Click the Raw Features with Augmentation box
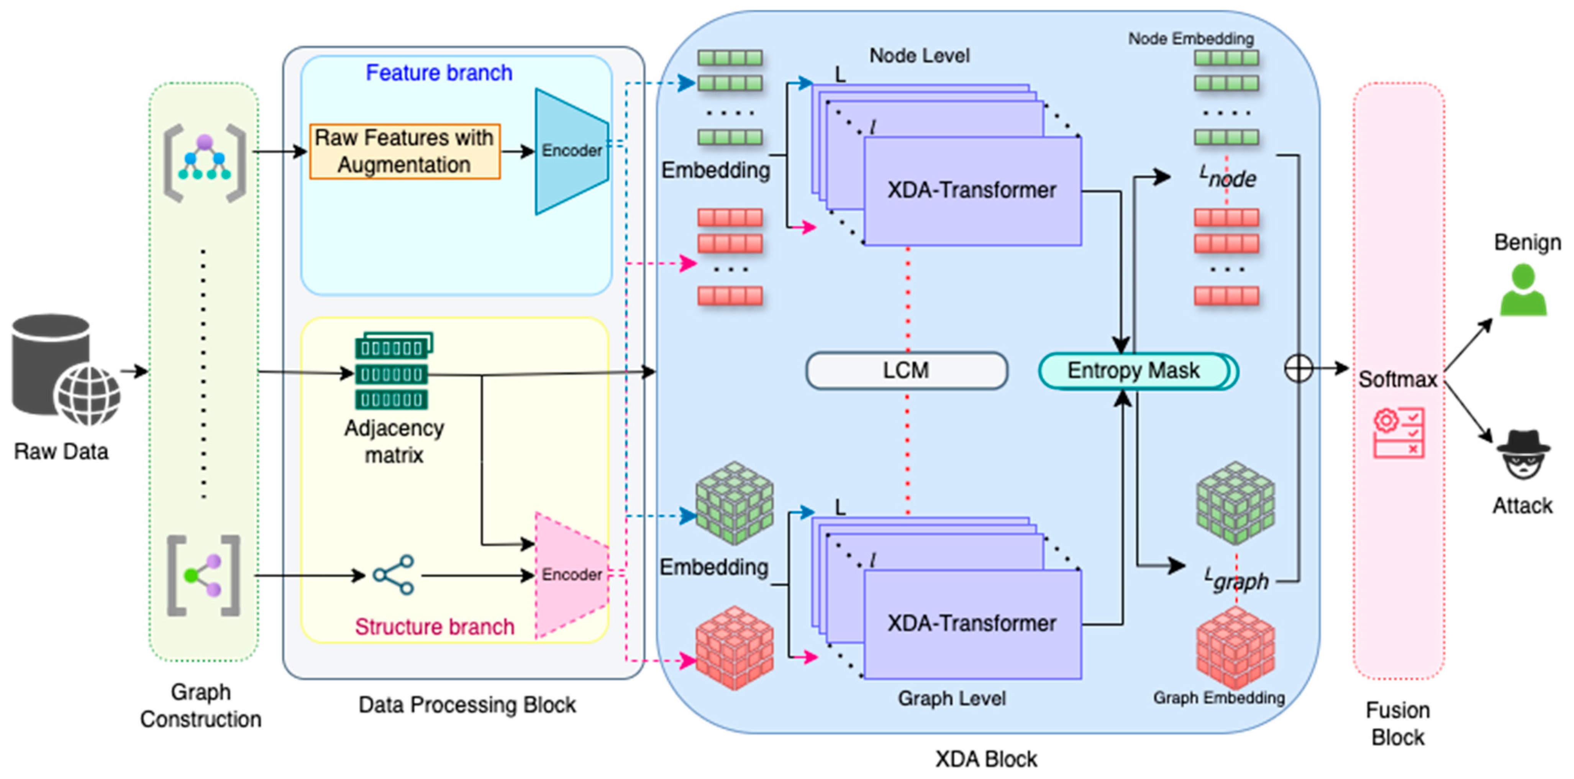(x=405, y=151)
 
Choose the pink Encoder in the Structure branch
(x=571, y=575)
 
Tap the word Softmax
(x=1397, y=380)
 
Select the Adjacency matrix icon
(x=392, y=371)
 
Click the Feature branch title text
(x=439, y=73)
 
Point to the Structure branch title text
(x=434, y=627)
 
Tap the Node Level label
(x=919, y=56)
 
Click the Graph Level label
(x=951, y=698)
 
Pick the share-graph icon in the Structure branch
(x=394, y=575)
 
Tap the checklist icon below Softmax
(x=1399, y=433)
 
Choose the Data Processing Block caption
(x=467, y=705)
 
